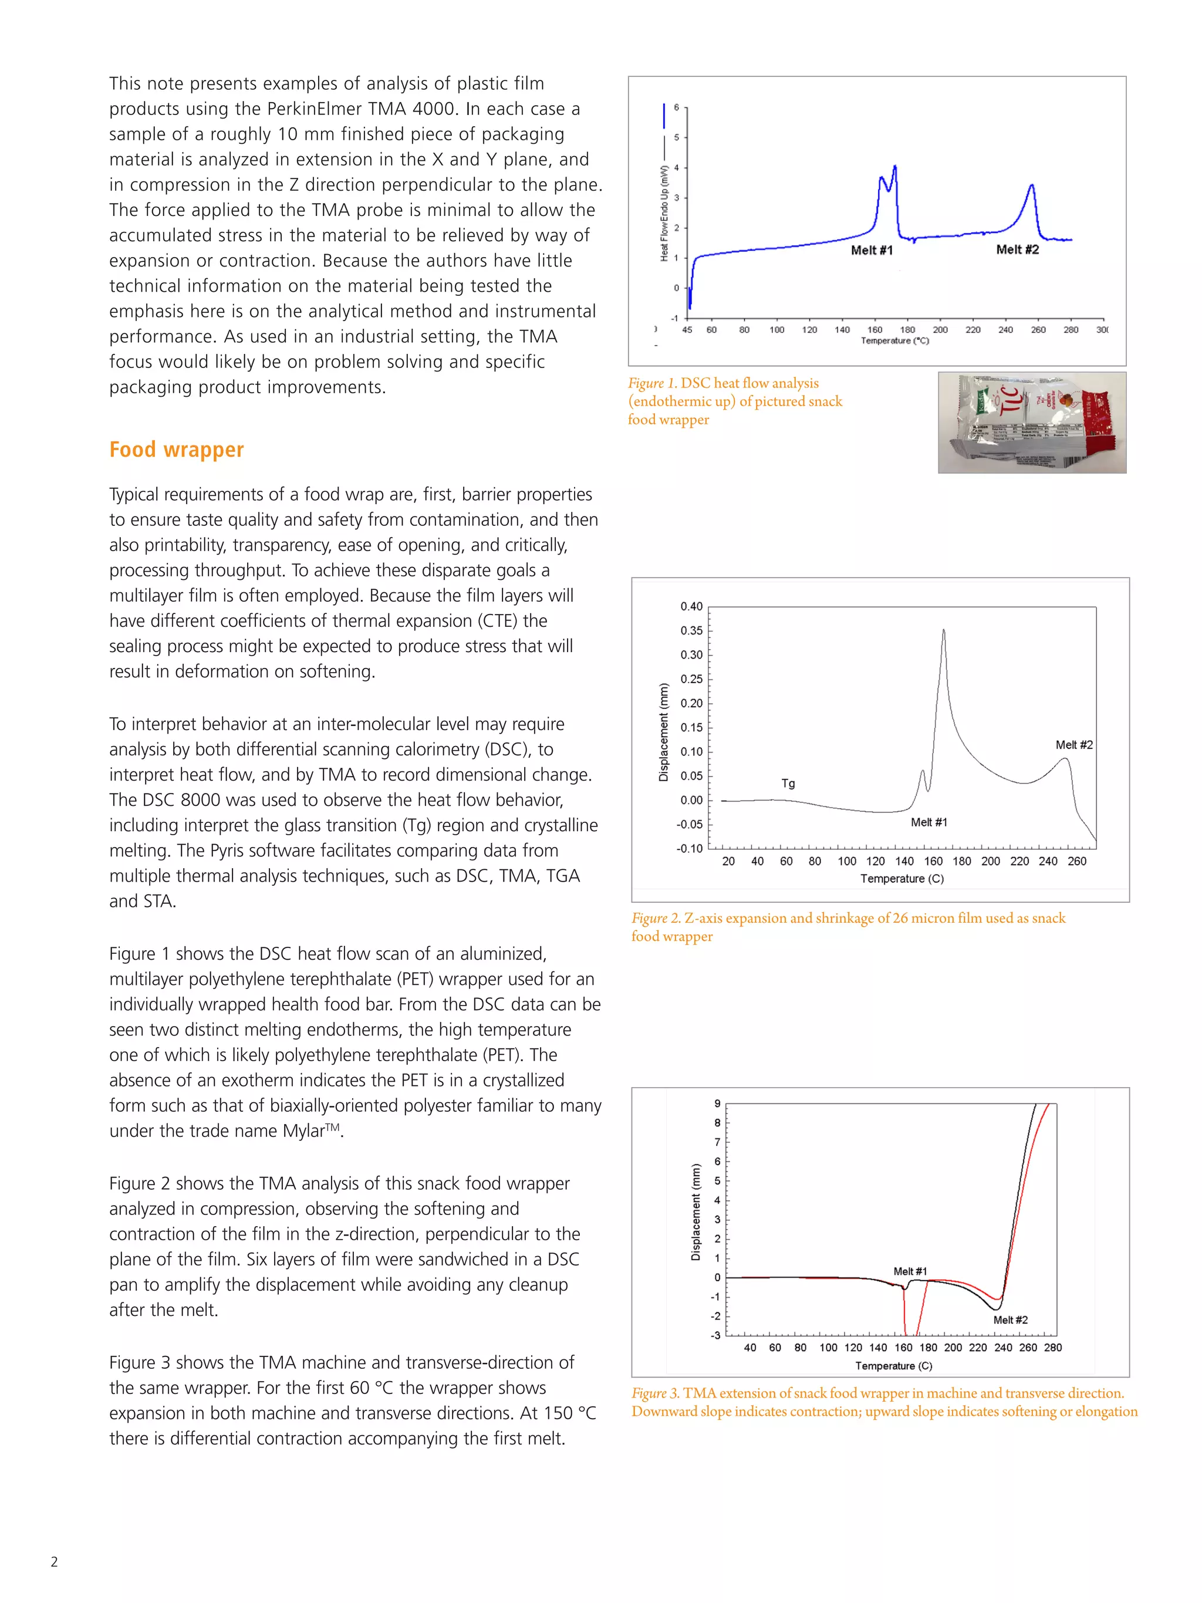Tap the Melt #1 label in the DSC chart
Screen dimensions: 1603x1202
(871, 250)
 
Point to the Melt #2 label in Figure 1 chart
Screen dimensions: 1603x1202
(1017, 249)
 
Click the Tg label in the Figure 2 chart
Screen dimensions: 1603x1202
(788, 784)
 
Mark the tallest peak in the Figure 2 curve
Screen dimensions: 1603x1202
(943, 630)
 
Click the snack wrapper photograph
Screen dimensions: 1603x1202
(1031, 423)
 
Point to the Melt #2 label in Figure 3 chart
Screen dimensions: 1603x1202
(1009, 1319)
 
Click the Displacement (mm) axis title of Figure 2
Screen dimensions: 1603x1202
(663, 732)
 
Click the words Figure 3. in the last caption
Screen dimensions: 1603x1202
(654, 1393)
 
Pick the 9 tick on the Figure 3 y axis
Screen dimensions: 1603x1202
(717, 1103)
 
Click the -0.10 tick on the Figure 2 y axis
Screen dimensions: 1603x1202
(689, 848)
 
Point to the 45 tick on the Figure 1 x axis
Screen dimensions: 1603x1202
(686, 330)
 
